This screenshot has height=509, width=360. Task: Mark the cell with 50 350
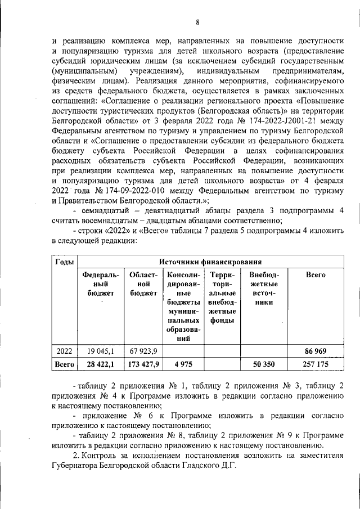(x=263, y=364)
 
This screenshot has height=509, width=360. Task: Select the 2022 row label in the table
(x=64, y=352)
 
